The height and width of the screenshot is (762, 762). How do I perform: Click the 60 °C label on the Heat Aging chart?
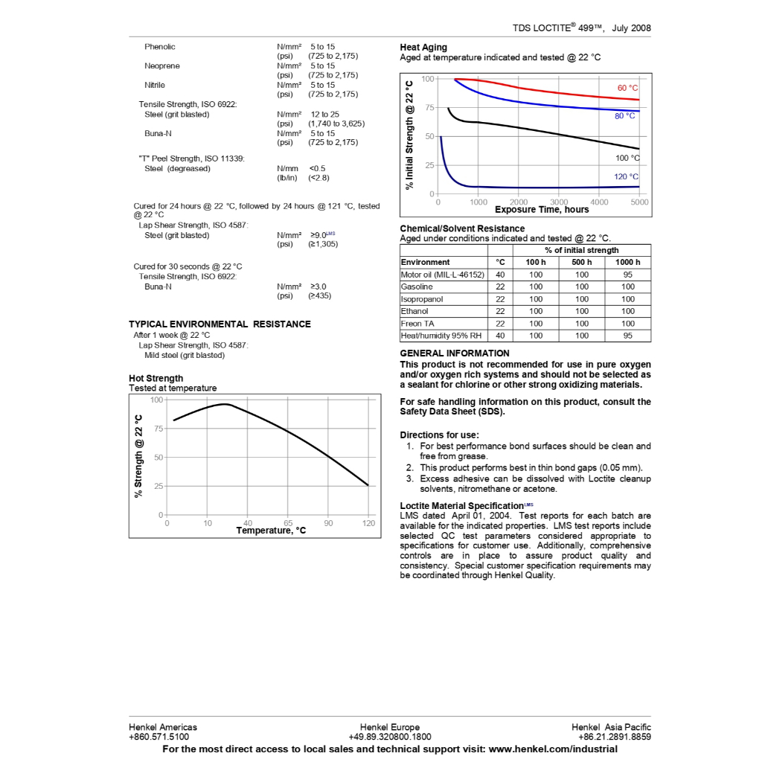point(627,89)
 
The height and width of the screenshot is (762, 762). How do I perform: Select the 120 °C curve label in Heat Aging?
point(626,177)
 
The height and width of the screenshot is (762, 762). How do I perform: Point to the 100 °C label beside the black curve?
point(627,158)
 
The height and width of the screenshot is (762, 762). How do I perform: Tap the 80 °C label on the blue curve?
point(624,116)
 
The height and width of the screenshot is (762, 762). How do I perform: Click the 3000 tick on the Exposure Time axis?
point(558,202)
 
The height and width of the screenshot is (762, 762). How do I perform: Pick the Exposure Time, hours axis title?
point(542,210)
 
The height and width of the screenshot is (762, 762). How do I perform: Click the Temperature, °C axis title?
point(271,531)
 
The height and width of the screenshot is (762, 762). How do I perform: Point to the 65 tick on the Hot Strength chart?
point(288,523)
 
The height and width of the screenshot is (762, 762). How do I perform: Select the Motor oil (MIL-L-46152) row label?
point(443,275)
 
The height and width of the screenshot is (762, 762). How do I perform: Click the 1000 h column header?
point(627,262)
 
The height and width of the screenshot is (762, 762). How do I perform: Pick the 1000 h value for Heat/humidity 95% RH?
point(627,336)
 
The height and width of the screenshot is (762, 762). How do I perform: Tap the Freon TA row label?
point(417,324)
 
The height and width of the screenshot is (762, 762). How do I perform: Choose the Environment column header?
point(425,262)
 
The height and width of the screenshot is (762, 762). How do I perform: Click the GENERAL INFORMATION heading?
point(455,353)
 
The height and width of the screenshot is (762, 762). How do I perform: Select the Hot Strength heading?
point(156,378)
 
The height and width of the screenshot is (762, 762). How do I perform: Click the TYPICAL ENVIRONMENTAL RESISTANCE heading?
point(220,324)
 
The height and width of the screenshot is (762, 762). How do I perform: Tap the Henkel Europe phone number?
point(389,737)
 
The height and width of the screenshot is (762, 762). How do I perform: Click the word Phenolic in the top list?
point(160,47)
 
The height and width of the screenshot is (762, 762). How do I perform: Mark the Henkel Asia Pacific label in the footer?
point(611,727)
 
